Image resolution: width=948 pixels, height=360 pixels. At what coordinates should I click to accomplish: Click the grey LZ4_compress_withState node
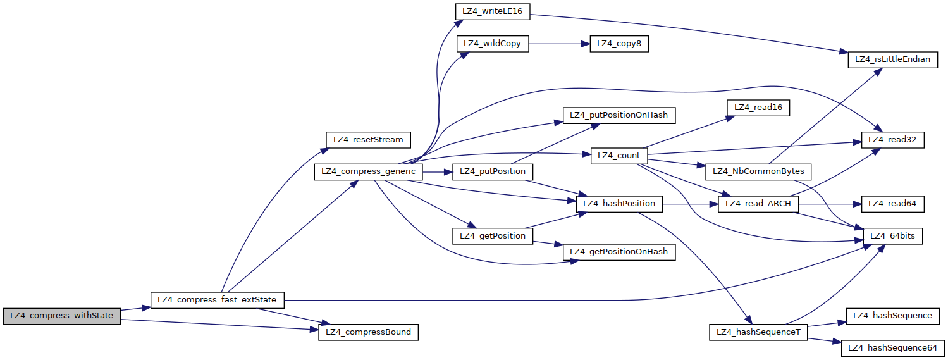tap(61, 316)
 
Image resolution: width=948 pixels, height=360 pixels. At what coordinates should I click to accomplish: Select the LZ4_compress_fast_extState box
tap(217, 299)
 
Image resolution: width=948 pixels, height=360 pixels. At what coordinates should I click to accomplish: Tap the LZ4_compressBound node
tap(368, 332)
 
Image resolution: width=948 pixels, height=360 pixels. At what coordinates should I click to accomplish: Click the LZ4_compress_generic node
tap(368, 171)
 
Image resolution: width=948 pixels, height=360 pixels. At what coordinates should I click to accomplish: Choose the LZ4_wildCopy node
tap(492, 44)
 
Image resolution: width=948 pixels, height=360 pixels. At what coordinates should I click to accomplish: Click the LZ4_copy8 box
tap(619, 44)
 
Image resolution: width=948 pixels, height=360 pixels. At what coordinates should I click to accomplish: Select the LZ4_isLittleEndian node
tap(892, 59)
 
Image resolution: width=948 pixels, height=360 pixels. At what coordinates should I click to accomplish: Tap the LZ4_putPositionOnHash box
tap(619, 115)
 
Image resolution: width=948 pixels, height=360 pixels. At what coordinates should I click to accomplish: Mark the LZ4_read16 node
tap(758, 108)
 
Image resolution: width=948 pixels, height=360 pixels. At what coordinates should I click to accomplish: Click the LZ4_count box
tap(619, 156)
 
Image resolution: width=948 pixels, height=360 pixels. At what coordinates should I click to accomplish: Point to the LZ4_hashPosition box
tap(619, 204)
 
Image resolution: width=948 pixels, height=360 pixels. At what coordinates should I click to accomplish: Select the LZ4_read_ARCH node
tap(758, 204)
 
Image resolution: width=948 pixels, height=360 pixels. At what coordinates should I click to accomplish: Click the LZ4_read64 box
tap(892, 204)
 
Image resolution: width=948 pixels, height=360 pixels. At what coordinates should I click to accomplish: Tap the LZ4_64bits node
tap(892, 236)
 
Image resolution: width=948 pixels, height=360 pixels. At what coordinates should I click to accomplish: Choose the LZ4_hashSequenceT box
tap(758, 332)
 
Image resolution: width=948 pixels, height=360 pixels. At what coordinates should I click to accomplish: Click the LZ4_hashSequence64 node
tap(892, 347)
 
